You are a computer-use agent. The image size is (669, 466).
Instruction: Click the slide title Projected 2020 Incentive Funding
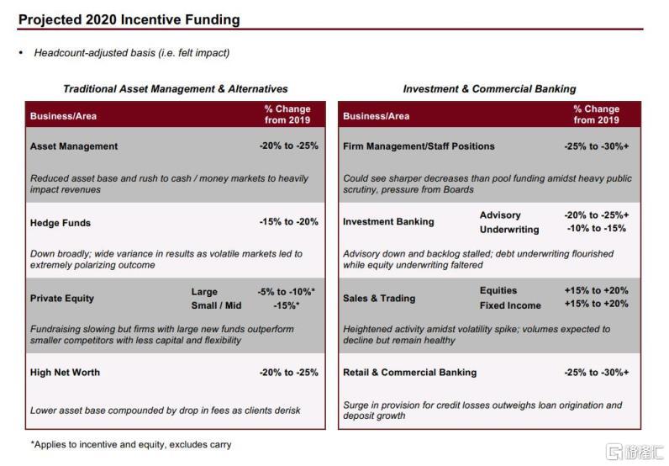129,19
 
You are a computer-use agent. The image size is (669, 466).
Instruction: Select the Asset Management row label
74,146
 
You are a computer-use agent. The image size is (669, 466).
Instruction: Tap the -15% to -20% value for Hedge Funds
288,223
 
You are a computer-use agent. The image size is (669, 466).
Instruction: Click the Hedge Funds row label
61,223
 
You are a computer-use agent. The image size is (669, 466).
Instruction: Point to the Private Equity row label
62,299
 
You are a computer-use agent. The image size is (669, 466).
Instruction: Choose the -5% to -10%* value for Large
287,292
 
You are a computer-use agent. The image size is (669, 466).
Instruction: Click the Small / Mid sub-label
216,305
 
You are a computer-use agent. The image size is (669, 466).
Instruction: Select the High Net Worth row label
65,373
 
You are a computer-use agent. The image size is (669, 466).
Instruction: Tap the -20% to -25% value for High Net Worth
288,373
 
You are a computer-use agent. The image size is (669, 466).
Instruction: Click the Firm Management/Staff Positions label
419,146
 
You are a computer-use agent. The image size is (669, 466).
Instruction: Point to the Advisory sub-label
500,215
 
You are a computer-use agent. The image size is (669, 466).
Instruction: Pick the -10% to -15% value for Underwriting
596,229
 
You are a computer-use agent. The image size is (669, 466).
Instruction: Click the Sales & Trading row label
379,299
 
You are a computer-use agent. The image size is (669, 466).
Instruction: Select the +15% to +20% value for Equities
597,291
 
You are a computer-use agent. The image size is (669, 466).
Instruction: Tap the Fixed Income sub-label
510,305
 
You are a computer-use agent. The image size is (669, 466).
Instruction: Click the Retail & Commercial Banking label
409,373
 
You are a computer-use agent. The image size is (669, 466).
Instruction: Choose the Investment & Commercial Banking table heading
489,89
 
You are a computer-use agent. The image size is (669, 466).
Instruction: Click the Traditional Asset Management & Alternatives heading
176,89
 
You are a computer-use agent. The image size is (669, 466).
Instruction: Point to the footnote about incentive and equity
130,444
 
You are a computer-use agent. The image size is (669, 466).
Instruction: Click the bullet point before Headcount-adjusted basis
21,53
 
